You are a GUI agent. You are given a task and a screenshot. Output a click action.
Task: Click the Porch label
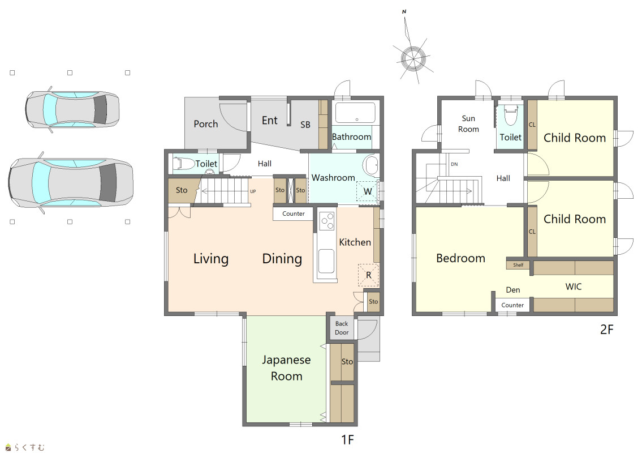205,124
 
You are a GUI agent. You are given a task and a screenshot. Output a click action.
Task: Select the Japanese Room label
286,367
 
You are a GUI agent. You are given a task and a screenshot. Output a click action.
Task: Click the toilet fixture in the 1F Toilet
183,164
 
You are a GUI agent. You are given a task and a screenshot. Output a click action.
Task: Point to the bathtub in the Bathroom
355,113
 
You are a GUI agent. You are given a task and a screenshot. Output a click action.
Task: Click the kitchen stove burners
327,221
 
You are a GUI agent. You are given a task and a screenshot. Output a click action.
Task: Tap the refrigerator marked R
368,275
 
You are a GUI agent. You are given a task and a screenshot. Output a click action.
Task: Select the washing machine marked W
367,191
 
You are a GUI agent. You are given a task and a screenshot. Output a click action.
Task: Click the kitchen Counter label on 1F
294,213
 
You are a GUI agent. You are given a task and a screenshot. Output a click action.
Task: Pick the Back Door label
342,328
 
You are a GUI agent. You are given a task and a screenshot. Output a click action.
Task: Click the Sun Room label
468,124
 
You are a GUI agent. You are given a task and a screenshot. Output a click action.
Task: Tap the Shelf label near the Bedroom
518,265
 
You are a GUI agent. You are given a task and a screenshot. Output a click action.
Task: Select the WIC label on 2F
573,287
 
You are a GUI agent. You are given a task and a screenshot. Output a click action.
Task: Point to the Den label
513,290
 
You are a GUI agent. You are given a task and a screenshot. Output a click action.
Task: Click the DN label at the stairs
454,164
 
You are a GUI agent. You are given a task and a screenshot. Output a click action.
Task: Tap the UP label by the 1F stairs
253,191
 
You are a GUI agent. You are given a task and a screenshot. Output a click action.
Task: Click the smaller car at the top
72,109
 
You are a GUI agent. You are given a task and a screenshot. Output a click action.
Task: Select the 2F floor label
607,329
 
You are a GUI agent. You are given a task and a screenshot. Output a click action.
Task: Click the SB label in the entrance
305,125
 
